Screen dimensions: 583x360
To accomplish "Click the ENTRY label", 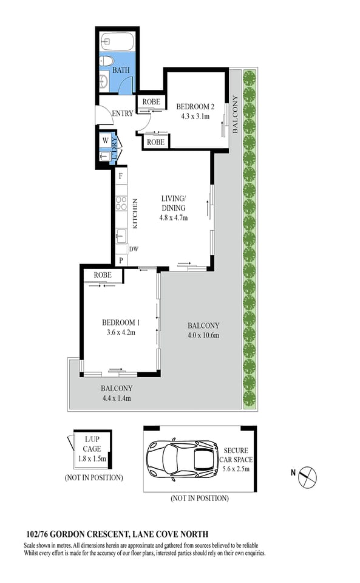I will [x=123, y=114].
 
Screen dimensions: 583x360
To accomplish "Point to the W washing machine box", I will [x=106, y=140].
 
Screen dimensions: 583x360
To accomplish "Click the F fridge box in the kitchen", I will [x=121, y=176].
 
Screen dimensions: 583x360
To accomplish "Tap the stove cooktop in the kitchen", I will [x=121, y=202].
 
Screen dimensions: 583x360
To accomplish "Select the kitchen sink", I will [x=121, y=235].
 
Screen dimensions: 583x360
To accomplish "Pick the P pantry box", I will [x=121, y=261].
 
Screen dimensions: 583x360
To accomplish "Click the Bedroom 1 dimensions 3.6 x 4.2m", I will [x=121, y=332].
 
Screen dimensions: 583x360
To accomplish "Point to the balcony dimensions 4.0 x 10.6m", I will [x=203, y=335].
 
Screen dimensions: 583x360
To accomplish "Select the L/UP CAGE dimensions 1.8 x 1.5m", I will [x=92, y=459].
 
